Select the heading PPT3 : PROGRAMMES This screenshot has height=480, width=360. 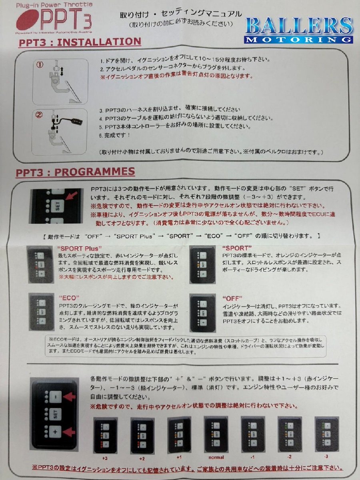[x=75, y=172]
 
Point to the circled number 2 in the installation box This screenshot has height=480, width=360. [x=39, y=116]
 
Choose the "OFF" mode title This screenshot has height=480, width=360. [x=232, y=298]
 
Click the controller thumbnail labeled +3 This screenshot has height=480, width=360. [x=104, y=435]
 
